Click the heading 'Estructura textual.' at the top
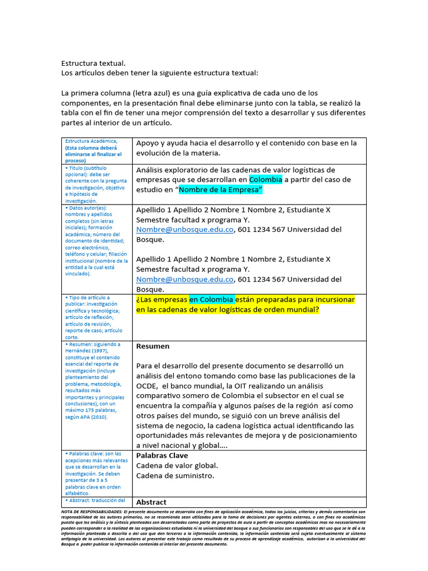point(93,64)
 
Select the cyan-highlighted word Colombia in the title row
point(265,180)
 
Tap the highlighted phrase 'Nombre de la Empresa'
point(220,190)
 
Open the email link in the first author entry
point(184,230)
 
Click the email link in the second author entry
point(184,279)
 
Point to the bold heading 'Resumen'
point(153,346)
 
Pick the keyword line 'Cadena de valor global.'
point(177,466)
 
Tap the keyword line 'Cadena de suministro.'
point(175,476)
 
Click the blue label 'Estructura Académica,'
point(91,141)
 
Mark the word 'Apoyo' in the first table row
point(148,143)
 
